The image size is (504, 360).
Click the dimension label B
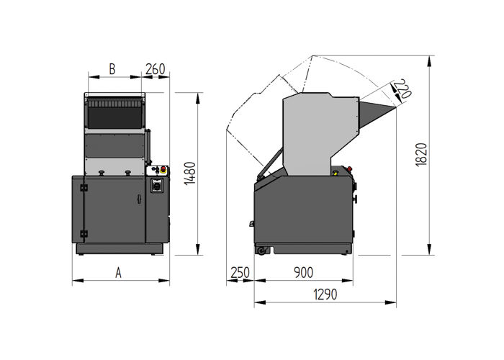(112, 69)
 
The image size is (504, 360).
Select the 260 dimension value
(156, 69)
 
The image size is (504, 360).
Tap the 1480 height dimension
(189, 174)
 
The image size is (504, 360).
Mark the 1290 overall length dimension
(324, 294)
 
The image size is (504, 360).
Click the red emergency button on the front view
(163, 171)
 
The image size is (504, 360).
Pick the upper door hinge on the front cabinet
(84, 189)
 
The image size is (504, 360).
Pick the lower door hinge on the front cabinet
(84, 232)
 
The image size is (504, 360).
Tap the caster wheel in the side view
(261, 250)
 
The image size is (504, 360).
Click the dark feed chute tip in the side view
(377, 112)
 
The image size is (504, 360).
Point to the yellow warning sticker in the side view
(336, 173)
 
